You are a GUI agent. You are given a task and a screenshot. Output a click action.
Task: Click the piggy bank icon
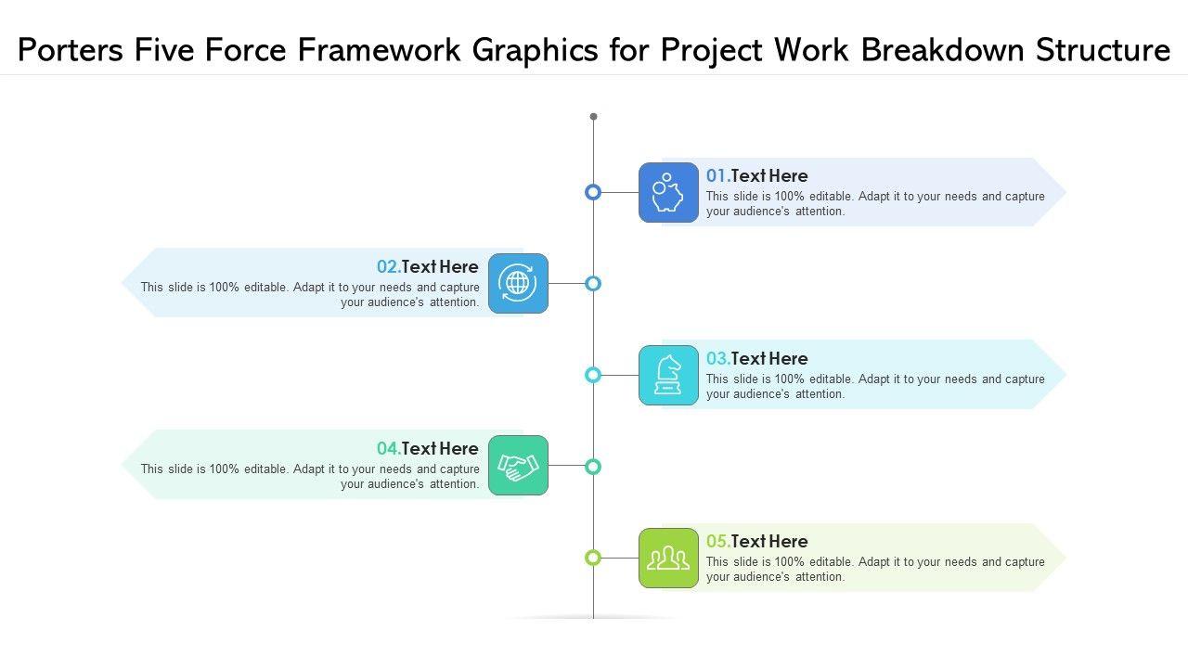[668, 193]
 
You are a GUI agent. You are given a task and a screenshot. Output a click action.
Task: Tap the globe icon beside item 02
[518, 283]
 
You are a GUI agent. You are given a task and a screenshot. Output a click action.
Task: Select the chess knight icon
[668, 375]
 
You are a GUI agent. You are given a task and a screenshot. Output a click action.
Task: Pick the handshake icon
[518, 466]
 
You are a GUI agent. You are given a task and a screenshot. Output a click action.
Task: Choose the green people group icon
[668, 558]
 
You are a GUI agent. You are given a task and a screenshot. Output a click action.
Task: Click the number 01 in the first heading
[717, 175]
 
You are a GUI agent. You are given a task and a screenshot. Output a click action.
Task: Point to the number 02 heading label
[388, 267]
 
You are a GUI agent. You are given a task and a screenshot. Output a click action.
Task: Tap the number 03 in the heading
[717, 358]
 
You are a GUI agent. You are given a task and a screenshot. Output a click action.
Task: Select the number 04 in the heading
[388, 449]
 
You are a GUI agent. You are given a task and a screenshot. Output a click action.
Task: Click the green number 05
[717, 541]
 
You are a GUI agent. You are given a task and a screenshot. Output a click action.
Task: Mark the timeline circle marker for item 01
[593, 192]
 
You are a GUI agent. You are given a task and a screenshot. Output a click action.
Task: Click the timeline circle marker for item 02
[593, 283]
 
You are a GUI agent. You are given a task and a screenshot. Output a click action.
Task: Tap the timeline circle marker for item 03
[593, 375]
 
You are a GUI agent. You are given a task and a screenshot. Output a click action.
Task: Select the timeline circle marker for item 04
[593, 466]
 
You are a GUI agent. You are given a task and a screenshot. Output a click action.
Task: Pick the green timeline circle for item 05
[593, 558]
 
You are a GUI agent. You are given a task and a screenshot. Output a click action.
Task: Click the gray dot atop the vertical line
[593, 117]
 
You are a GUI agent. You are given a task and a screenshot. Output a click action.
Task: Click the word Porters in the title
[71, 50]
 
